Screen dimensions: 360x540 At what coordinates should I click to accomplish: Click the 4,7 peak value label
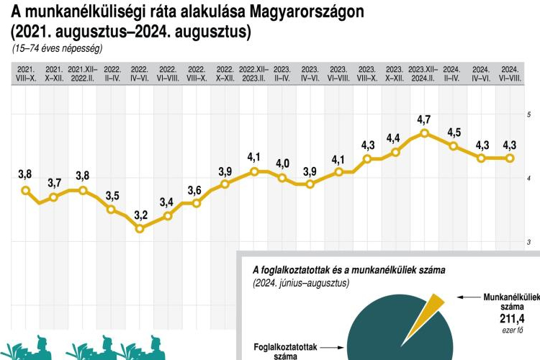pyautogui.click(x=424, y=119)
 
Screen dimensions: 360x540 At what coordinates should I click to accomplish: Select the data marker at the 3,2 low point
pyautogui.click(x=140, y=228)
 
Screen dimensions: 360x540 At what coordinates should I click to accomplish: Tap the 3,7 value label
pyautogui.click(x=54, y=183)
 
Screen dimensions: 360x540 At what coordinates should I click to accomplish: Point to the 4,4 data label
pyautogui.click(x=395, y=138)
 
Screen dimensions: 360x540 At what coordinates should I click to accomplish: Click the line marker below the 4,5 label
pyautogui.click(x=453, y=146)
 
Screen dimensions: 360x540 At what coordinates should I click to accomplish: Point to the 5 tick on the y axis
pyautogui.click(x=528, y=115)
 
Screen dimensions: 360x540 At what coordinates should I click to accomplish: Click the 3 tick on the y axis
pyautogui.click(x=528, y=243)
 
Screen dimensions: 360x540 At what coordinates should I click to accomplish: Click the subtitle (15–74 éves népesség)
pyautogui.click(x=57, y=49)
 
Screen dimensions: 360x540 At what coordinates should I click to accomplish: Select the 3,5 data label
pyautogui.click(x=112, y=196)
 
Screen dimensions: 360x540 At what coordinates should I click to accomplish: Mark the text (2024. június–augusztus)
pyautogui.click(x=300, y=284)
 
